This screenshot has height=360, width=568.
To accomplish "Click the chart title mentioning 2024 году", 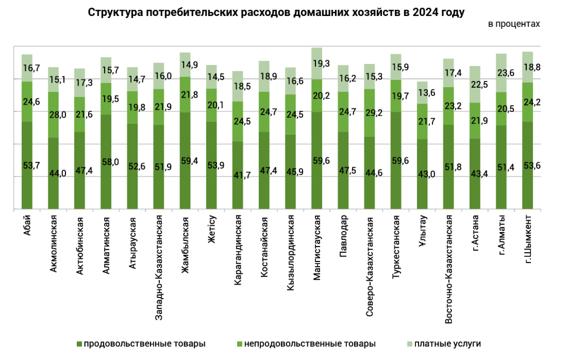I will [x=276, y=12].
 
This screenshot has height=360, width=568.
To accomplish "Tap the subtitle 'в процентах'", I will [x=514, y=24].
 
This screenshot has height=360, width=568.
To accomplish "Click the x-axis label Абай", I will [x=27, y=225].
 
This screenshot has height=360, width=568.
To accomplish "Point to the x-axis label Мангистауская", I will [x=317, y=247].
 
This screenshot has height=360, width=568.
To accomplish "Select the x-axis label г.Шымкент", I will [x=528, y=239].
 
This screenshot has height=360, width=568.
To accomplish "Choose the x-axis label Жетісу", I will [x=212, y=229].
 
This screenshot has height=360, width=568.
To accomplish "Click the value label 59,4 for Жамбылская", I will [x=189, y=161].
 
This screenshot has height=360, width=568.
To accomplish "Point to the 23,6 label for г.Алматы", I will [x=506, y=73].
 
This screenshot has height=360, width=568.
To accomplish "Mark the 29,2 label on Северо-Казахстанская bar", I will [x=374, y=113].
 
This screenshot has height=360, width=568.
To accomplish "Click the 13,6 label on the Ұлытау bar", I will [x=427, y=93].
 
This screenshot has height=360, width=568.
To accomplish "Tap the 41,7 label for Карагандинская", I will [x=242, y=175].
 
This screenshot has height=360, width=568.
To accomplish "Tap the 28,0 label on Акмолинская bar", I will [x=58, y=115].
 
